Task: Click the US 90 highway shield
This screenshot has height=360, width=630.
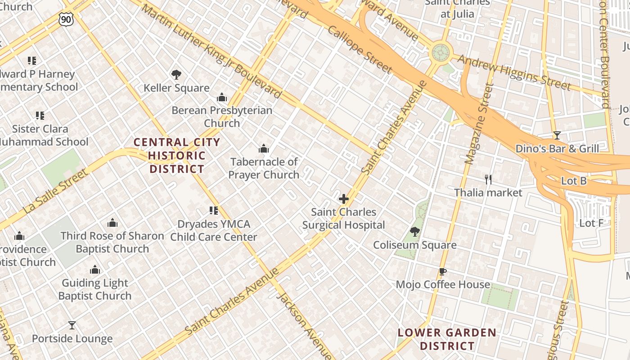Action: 66,18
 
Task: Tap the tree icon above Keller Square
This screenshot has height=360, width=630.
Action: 176,75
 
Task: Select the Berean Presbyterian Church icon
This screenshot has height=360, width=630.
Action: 221,97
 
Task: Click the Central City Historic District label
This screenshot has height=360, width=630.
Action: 177,156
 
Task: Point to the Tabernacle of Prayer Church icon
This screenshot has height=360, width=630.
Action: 264,148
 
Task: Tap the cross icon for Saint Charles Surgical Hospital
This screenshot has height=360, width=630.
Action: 344,199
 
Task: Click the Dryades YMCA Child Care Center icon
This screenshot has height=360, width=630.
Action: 214,211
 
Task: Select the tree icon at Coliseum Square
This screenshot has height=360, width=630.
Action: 414,232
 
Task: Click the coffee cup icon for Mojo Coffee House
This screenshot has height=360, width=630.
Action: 442,271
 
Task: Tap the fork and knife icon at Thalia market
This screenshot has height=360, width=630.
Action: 488,180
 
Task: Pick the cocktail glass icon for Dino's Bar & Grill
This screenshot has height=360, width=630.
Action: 557,135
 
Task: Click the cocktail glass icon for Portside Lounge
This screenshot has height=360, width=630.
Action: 72,325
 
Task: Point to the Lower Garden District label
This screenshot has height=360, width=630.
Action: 447,339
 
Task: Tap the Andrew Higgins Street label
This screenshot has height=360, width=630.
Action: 514,72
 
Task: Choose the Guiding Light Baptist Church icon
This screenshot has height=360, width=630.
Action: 94,270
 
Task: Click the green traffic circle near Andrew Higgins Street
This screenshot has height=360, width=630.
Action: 441,53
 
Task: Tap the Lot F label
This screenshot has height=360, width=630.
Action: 591,223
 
